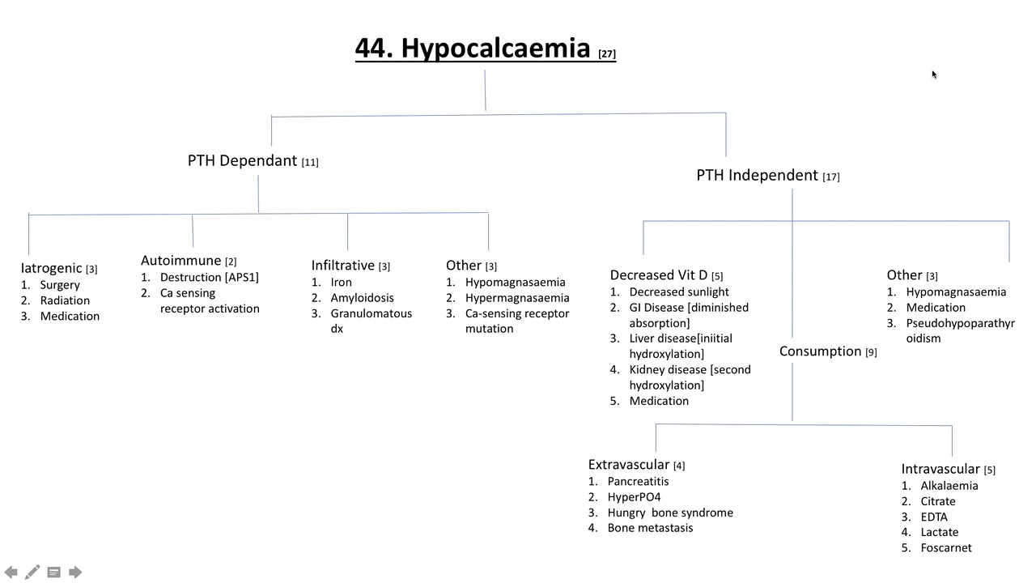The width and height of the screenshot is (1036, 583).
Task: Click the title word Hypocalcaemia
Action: click(x=495, y=49)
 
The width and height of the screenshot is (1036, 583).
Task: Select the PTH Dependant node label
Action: click(x=242, y=160)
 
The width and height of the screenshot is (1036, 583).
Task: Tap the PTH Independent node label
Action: click(x=757, y=175)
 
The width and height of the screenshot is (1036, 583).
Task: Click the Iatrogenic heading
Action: click(x=51, y=268)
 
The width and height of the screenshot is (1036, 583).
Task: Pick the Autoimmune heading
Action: click(x=180, y=260)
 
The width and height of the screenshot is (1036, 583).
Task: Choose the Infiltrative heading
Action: click(x=342, y=266)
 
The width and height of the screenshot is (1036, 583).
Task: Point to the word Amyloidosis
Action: click(x=362, y=297)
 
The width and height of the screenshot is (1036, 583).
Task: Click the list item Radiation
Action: click(x=65, y=300)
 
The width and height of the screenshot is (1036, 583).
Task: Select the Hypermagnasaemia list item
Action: click(x=516, y=297)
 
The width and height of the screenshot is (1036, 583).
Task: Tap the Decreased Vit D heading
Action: click(x=658, y=275)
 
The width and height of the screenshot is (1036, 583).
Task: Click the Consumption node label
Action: click(x=820, y=351)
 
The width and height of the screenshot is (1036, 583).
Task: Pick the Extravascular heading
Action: click(x=628, y=465)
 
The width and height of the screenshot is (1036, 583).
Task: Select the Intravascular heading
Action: click(x=940, y=469)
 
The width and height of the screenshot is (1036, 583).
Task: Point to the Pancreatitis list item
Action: click(x=638, y=481)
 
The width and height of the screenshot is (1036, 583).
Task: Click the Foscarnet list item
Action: click(x=945, y=547)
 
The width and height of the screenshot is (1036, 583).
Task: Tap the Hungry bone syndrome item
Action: click(x=669, y=512)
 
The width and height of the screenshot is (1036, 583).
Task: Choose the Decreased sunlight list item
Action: click(x=678, y=291)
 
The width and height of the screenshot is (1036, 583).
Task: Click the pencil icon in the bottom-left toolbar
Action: click(x=32, y=572)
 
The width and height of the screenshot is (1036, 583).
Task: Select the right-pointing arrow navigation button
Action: click(x=75, y=572)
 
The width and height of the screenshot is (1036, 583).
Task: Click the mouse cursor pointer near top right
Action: click(x=934, y=74)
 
